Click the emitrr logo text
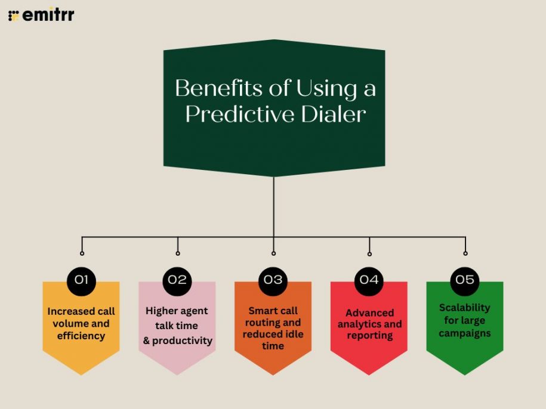(x=48, y=14)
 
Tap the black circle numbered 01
(x=82, y=280)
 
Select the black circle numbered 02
(x=177, y=280)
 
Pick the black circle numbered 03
(x=273, y=280)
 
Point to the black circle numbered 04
(x=369, y=280)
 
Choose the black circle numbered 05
(x=465, y=280)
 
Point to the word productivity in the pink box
(x=182, y=341)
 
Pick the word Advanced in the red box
(x=369, y=312)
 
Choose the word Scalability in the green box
(x=465, y=308)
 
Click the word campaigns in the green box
(x=465, y=333)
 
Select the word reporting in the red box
(x=369, y=336)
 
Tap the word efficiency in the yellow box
(x=81, y=336)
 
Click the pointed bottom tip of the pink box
(x=177, y=374)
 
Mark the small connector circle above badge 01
(x=82, y=253)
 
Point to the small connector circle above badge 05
(x=465, y=253)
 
